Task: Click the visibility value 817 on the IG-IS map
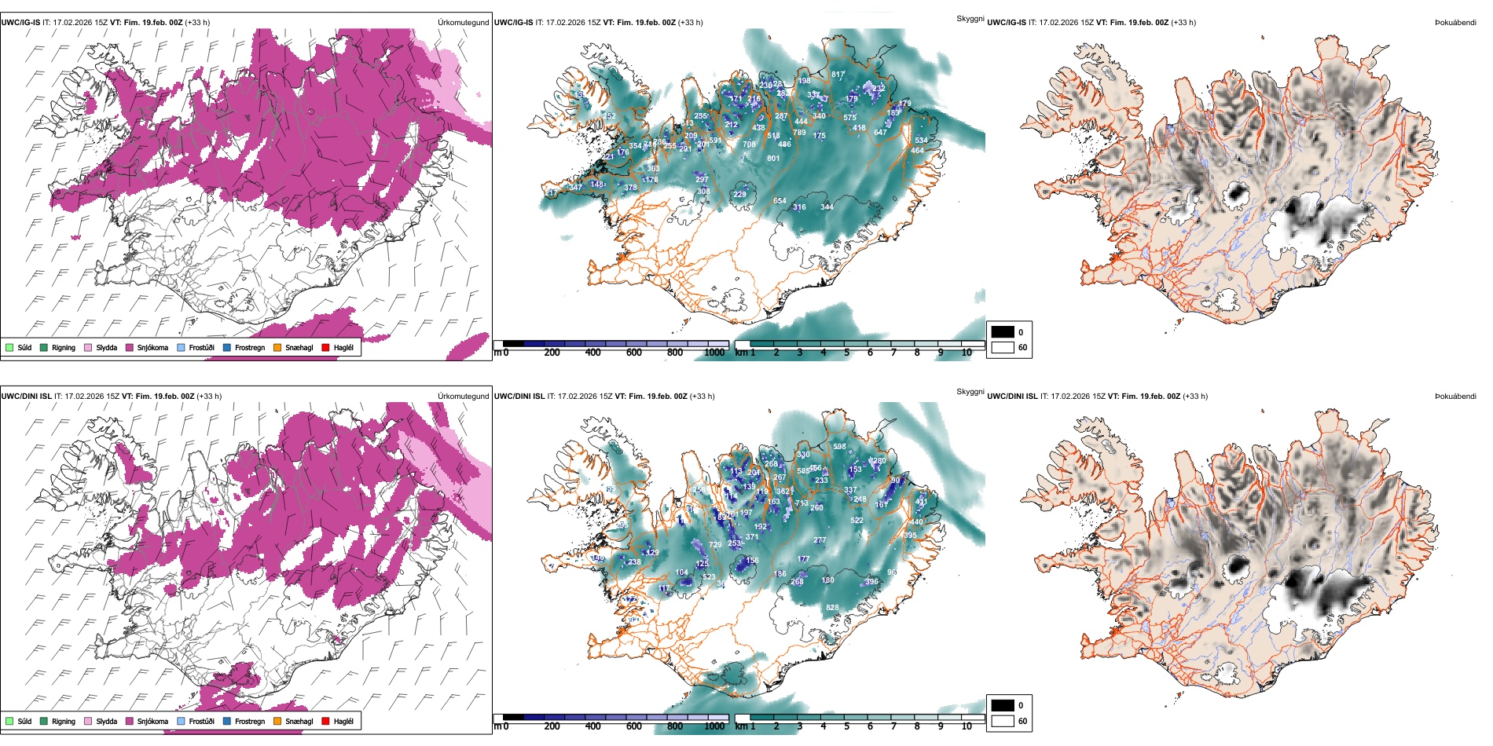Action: tap(838, 75)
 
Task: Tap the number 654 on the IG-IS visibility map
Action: tap(780, 201)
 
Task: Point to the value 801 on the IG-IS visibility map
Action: tap(773, 159)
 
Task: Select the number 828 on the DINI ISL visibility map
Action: tap(832, 607)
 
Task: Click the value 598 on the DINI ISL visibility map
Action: tap(839, 447)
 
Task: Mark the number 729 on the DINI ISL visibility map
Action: tap(715, 545)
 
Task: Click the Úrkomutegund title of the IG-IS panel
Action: tap(463, 23)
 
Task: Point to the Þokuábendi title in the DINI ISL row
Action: tap(1455, 397)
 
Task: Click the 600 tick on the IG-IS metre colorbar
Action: tap(633, 353)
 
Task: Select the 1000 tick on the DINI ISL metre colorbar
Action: tap(714, 726)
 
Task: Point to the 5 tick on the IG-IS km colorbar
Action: tap(846, 353)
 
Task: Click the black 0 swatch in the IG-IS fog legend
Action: tap(1003, 331)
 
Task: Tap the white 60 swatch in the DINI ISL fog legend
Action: tap(1003, 721)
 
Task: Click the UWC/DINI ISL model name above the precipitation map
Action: tap(26, 397)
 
